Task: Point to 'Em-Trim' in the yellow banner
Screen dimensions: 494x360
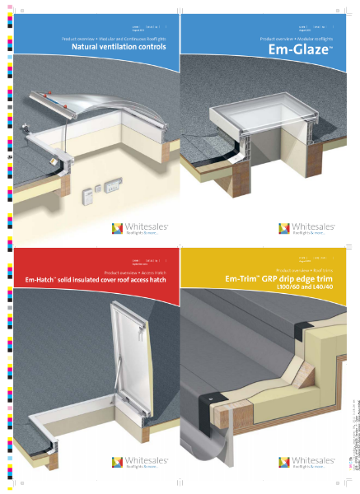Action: coord(241,279)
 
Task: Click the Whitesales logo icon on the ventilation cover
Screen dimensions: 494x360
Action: coord(118,228)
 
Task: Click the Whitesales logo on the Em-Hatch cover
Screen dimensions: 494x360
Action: coord(118,464)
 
